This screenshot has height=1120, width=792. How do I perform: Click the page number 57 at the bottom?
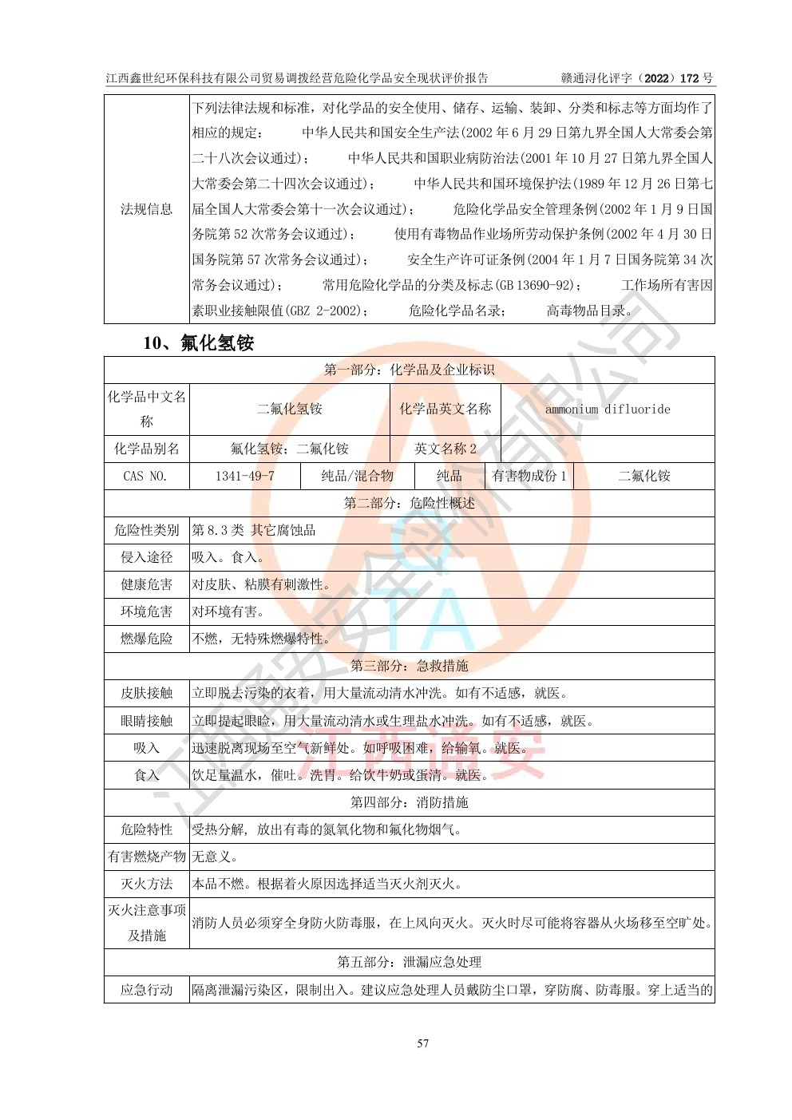coord(423,1043)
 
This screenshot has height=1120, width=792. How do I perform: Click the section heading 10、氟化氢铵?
coord(198,343)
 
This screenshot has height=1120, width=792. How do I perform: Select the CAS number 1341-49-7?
coord(244,476)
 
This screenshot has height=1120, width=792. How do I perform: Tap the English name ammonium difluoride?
coord(608,409)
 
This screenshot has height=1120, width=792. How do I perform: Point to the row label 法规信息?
coord(146,209)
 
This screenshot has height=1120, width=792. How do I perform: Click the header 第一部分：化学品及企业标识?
coord(409,370)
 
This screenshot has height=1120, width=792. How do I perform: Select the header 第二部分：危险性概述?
coord(409,503)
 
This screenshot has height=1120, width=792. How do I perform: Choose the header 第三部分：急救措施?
coord(409,666)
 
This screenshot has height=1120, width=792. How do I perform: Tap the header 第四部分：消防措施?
coord(409,802)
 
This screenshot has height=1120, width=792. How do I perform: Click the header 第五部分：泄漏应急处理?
coord(409,962)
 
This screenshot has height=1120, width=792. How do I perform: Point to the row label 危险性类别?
coord(146,530)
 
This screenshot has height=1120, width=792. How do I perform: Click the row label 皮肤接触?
coord(146,693)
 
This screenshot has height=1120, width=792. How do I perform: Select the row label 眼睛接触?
coord(146,721)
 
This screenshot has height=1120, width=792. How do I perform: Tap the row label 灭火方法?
coord(146,884)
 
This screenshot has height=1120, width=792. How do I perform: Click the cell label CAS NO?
coord(145,476)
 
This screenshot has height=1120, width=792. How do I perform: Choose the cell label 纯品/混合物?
coord(357,476)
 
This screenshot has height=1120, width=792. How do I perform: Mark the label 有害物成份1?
coord(529,476)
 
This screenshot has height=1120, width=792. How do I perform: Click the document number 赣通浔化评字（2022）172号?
coord(637,78)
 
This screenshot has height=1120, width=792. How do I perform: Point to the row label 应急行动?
coord(146,990)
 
